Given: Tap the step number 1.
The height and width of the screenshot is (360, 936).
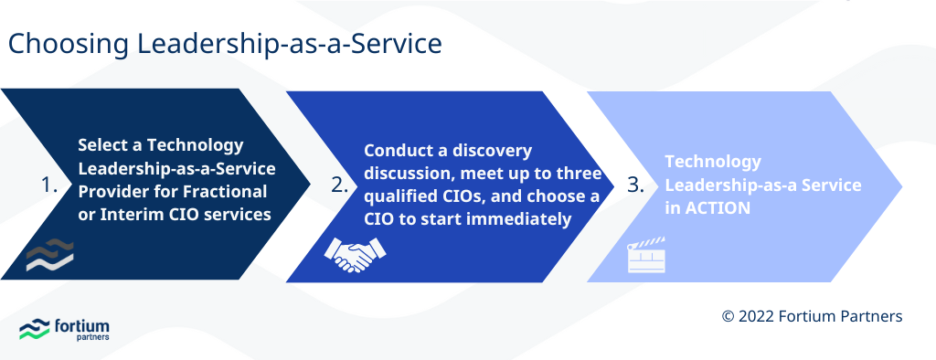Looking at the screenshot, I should tap(49, 185).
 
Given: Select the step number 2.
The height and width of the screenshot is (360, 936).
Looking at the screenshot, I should tap(340, 185).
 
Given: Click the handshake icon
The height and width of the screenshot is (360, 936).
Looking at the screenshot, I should tap(350, 256).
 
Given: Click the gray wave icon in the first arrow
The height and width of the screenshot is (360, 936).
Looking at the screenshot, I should tap(49, 256).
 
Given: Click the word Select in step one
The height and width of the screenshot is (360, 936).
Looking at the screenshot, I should tap(101, 145).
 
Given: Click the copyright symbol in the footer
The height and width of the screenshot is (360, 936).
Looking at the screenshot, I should tap(729, 316).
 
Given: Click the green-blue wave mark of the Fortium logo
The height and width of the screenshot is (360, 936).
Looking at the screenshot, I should tap(34, 330).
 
